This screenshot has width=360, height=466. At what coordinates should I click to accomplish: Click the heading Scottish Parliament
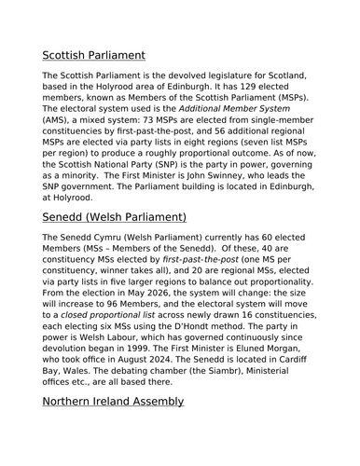[106, 55]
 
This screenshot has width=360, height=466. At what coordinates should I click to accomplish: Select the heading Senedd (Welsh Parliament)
[116, 217]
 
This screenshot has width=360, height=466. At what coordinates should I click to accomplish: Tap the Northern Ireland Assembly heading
[113, 401]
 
